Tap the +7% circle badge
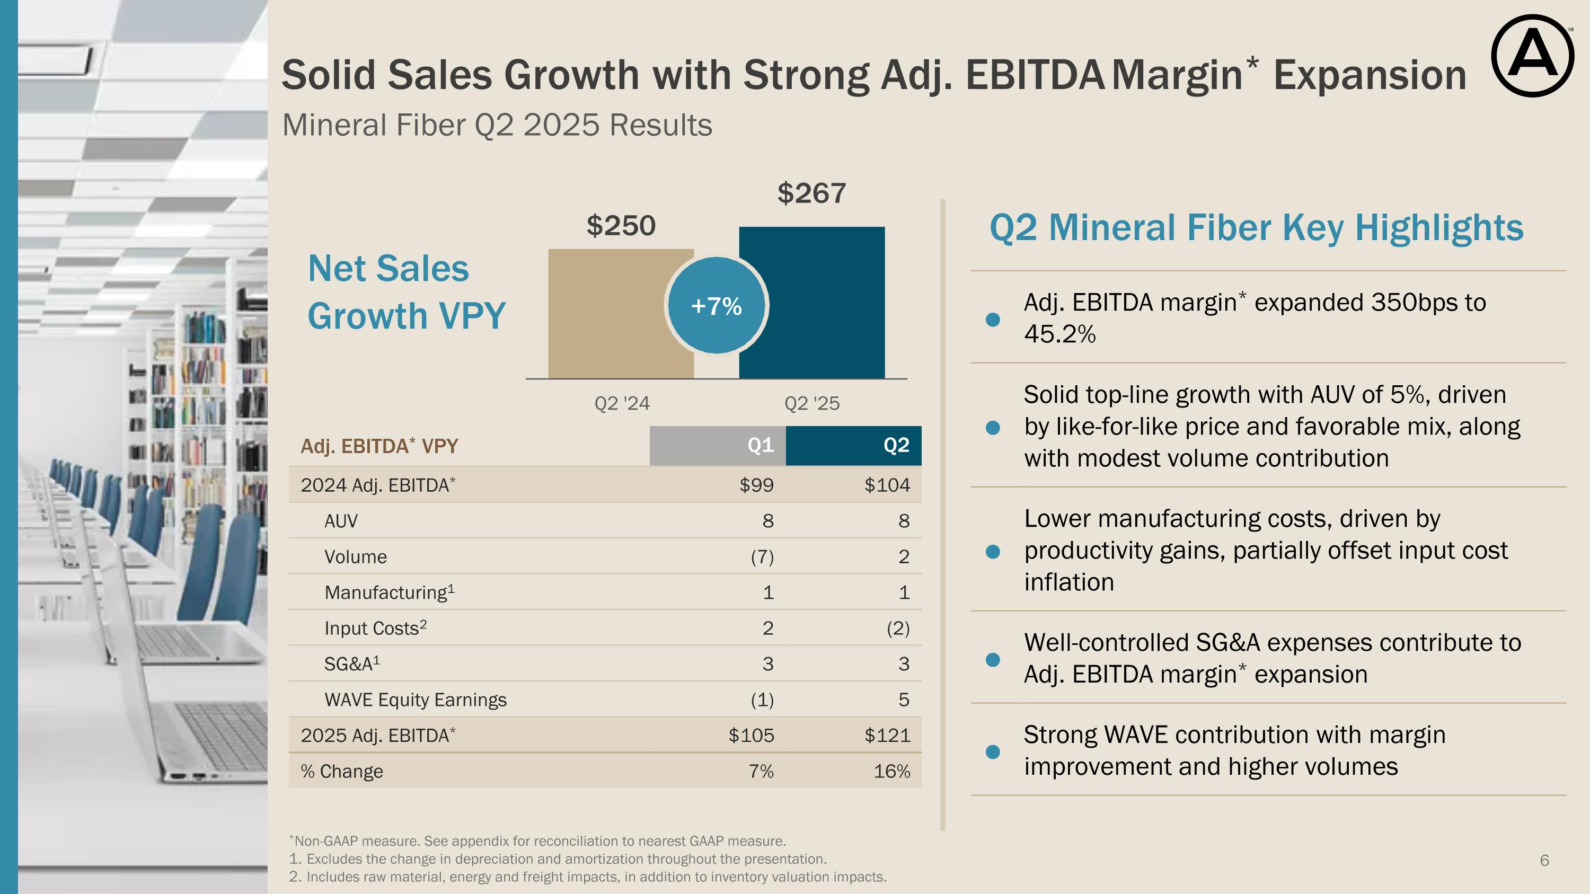tap(717, 305)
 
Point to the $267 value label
tap(811, 194)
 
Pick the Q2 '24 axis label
tap(622, 403)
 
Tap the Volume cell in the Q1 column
tap(762, 557)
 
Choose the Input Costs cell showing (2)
tap(897, 629)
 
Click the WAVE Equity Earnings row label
tap(415, 700)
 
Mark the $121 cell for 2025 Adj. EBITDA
tap(887, 736)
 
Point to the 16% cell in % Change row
tap(891, 771)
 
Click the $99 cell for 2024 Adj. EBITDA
tap(756, 485)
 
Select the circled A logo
tap(1532, 56)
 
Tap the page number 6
tap(1544, 860)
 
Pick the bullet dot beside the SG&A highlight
tap(993, 660)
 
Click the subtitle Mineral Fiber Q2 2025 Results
tap(497, 125)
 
